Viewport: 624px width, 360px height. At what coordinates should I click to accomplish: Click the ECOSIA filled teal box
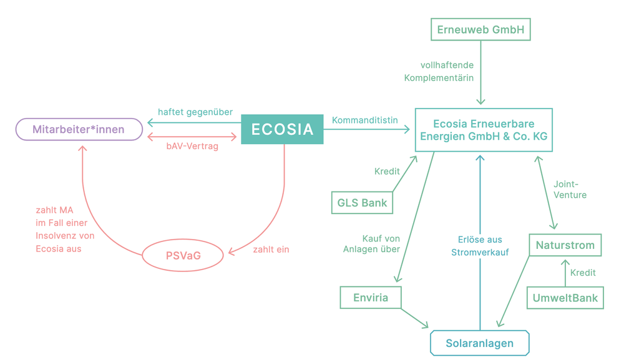[x=282, y=129]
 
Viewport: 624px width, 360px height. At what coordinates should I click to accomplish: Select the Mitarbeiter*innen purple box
[x=79, y=130]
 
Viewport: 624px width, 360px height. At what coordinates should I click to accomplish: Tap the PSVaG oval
[x=183, y=255]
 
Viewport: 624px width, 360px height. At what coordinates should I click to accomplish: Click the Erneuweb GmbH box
[x=480, y=29]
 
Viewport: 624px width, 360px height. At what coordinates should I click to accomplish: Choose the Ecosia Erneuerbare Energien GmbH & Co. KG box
[x=484, y=130]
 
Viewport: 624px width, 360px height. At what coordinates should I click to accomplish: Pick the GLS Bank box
[x=362, y=203]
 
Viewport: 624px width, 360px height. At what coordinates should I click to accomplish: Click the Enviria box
[x=371, y=298]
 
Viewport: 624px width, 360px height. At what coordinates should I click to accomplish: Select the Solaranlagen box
[x=480, y=343]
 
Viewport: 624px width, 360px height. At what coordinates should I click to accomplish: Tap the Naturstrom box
[x=565, y=245]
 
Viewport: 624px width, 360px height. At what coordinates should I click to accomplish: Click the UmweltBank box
[x=565, y=298]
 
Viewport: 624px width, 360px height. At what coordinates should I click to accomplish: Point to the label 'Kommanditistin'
[x=365, y=120]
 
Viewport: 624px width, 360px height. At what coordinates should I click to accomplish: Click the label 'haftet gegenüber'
[x=195, y=112]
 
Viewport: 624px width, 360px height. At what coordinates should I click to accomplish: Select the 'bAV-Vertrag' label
[x=192, y=147]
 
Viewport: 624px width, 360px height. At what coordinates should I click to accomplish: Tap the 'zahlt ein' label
[x=271, y=250]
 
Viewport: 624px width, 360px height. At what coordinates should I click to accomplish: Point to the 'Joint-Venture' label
[x=570, y=189]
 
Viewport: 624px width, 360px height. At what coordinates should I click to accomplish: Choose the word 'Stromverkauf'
[x=480, y=253]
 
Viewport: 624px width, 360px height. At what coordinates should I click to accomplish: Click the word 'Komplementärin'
[x=439, y=78]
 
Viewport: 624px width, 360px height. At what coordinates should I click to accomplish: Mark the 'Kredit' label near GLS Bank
[x=387, y=171]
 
